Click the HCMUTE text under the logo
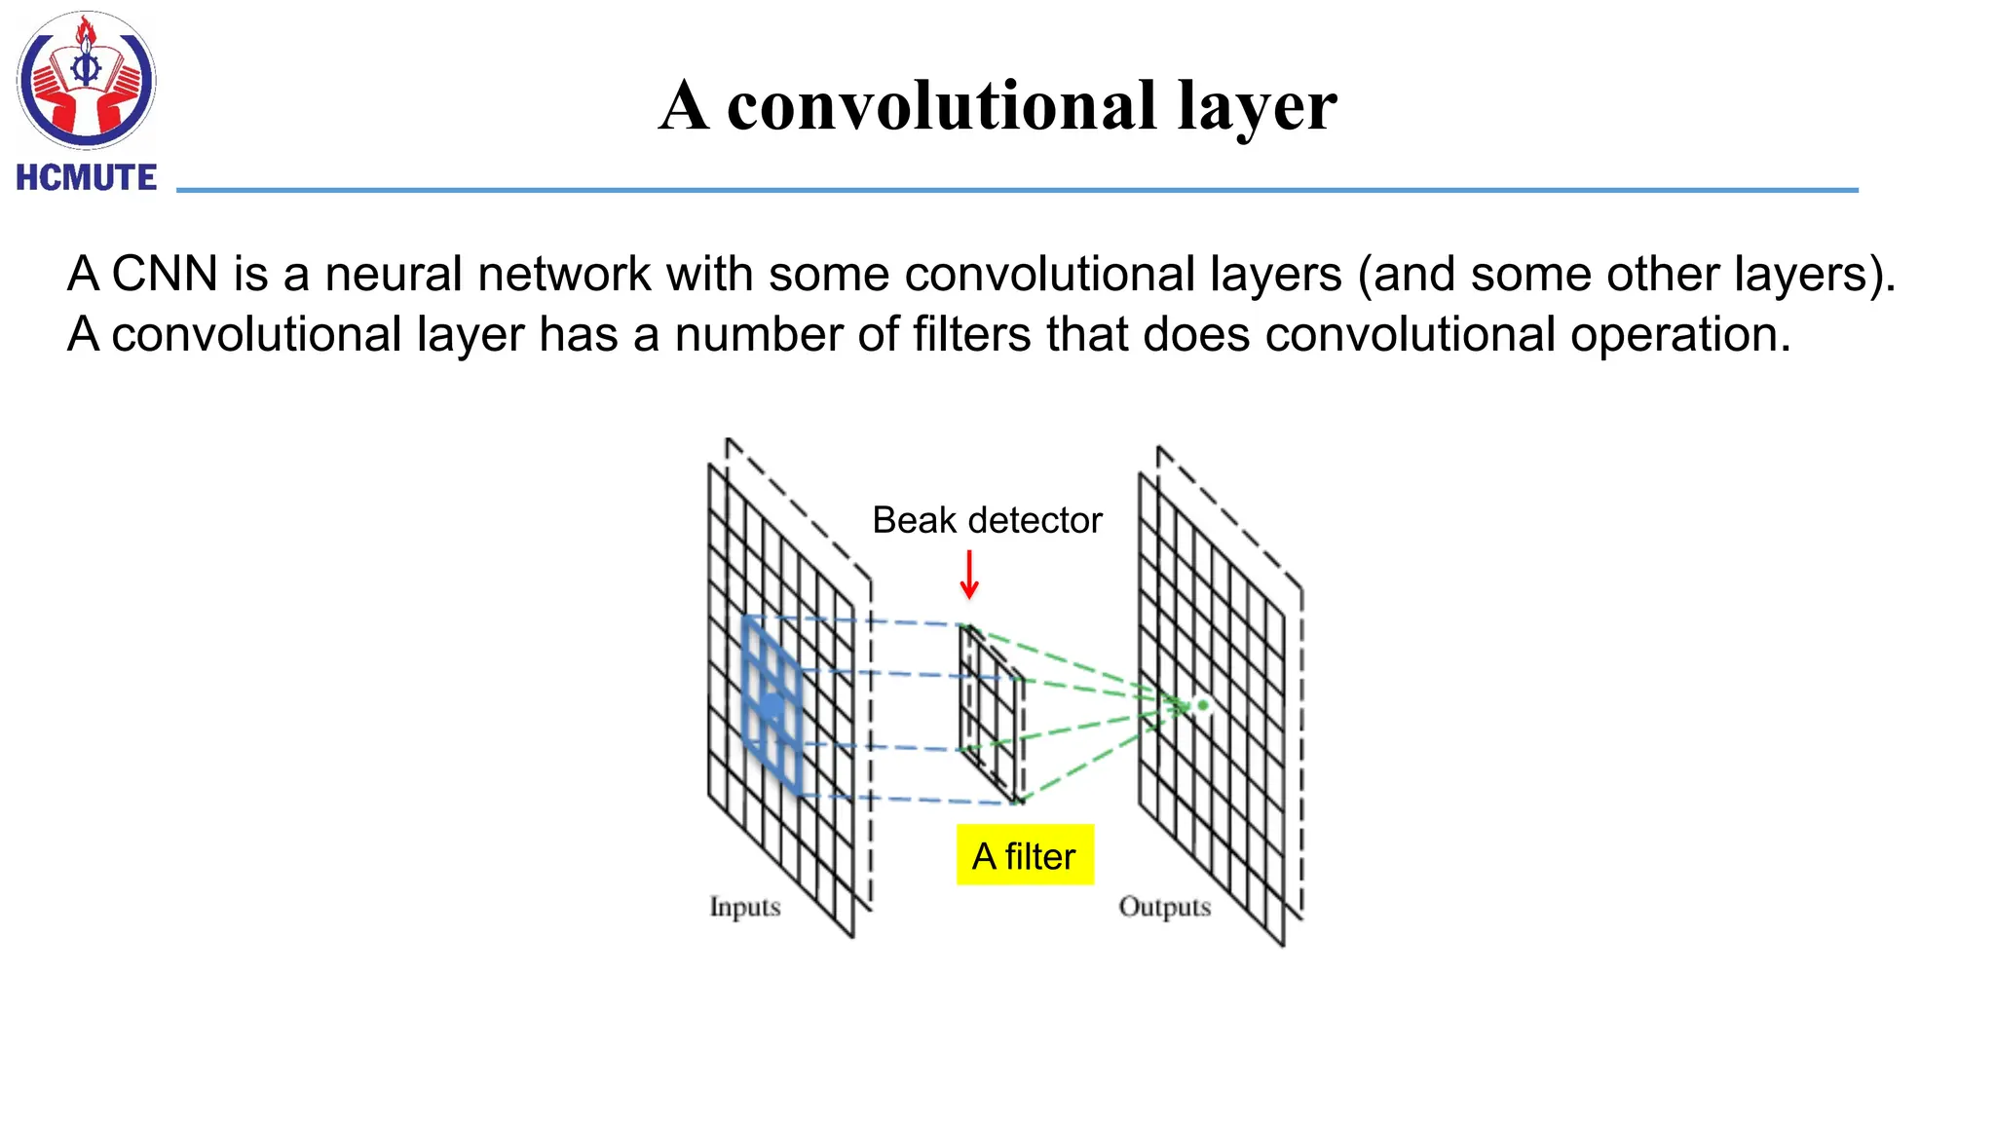(87, 177)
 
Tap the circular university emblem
(86, 80)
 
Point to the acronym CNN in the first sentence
(165, 274)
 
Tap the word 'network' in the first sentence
(564, 274)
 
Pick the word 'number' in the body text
(758, 334)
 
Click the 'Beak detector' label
(987, 520)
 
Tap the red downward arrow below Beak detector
(968, 575)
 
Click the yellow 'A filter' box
(1025, 855)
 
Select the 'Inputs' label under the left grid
(745, 907)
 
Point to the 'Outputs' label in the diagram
(1164, 907)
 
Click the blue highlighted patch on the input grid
(772, 704)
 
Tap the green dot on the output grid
(1203, 704)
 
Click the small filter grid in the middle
(992, 714)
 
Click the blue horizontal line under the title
(1017, 190)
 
